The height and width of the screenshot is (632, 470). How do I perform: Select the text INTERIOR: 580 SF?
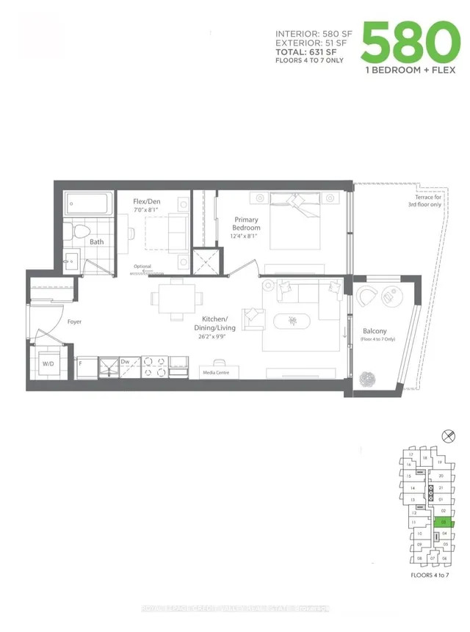pyautogui.click(x=313, y=34)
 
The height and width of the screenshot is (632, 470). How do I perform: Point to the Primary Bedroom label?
pyautogui.click(x=247, y=223)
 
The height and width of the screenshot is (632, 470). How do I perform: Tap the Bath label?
pyautogui.click(x=96, y=241)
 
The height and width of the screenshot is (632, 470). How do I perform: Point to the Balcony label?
pyautogui.click(x=375, y=335)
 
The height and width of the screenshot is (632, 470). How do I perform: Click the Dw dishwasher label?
pyautogui.click(x=125, y=361)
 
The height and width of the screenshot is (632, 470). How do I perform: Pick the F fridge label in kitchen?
pyautogui.click(x=79, y=362)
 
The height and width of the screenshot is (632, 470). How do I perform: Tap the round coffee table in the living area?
pyautogui.click(x=294, y=320)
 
